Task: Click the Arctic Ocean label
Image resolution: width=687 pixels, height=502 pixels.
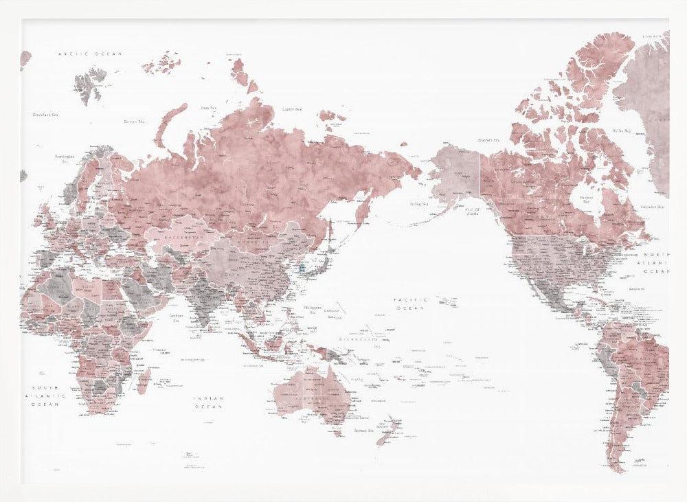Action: pyautogui.click(x=90, y=54)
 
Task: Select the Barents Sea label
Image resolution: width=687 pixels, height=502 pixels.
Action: pyautogui.click(x=134, y=122)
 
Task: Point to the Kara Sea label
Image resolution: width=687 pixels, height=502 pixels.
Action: pyautogui.click(x=209, y=108)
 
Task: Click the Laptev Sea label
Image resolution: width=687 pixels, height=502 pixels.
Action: pyautogui.click(x=293, y=109)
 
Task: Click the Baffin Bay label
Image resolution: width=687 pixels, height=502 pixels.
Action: pyautogui.click(x=622, y=129)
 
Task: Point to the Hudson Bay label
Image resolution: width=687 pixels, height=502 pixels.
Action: pyautogui.click(x=586, y=198)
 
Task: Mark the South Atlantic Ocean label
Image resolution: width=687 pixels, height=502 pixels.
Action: pyautogui.click(x=45, y=396)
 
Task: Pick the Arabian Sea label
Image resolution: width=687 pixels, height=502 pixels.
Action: pyautogui.click(x=176, y=318)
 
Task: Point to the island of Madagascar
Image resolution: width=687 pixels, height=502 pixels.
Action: pyautogui.click(x=144, y=380)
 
